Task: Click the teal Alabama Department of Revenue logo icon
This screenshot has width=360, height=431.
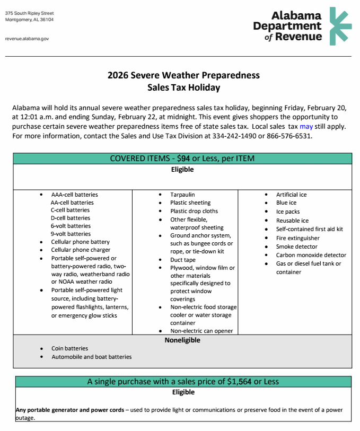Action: (x=340, y=26)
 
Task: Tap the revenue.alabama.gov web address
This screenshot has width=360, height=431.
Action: (x=27, y=39)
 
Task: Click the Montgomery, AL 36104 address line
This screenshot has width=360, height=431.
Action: (x=29, y=20)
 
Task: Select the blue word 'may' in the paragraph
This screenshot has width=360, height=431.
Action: (x=306, y=127)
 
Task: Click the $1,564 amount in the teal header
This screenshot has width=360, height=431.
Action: (x=239, y=382)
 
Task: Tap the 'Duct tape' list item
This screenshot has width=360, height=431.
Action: (x=183, y=260)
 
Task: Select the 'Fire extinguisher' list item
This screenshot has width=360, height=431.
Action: (x=297, y=238)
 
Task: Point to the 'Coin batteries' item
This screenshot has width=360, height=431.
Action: (x=69, y=349)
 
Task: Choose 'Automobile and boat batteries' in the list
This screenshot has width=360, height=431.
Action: (x=91, y=357)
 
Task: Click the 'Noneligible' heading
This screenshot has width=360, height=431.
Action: (x=182, y=340)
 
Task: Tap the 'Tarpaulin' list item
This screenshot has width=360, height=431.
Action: (x=182, y=195)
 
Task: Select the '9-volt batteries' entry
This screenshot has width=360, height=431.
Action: (x=71, y=234)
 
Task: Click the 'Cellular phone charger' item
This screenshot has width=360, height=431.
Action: (x=81, y=250)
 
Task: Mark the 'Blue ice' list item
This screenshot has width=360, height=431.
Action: (x=286, y=203)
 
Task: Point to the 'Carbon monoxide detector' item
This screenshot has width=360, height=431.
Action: (x=311, y=255)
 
